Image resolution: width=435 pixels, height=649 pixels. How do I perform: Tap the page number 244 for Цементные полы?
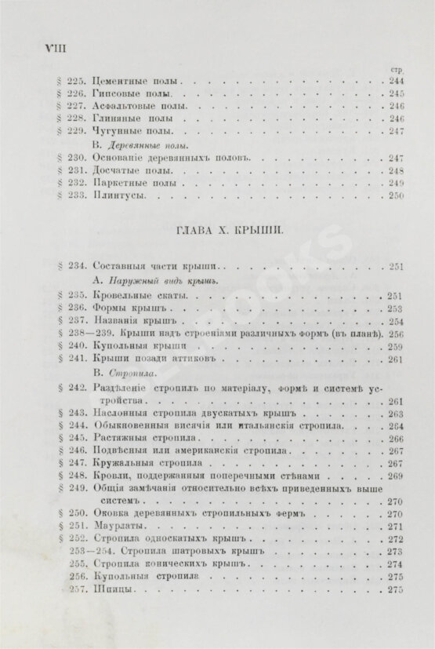[x=395, y=81]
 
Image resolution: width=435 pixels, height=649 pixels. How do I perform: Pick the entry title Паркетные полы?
[x=127, y=182]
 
